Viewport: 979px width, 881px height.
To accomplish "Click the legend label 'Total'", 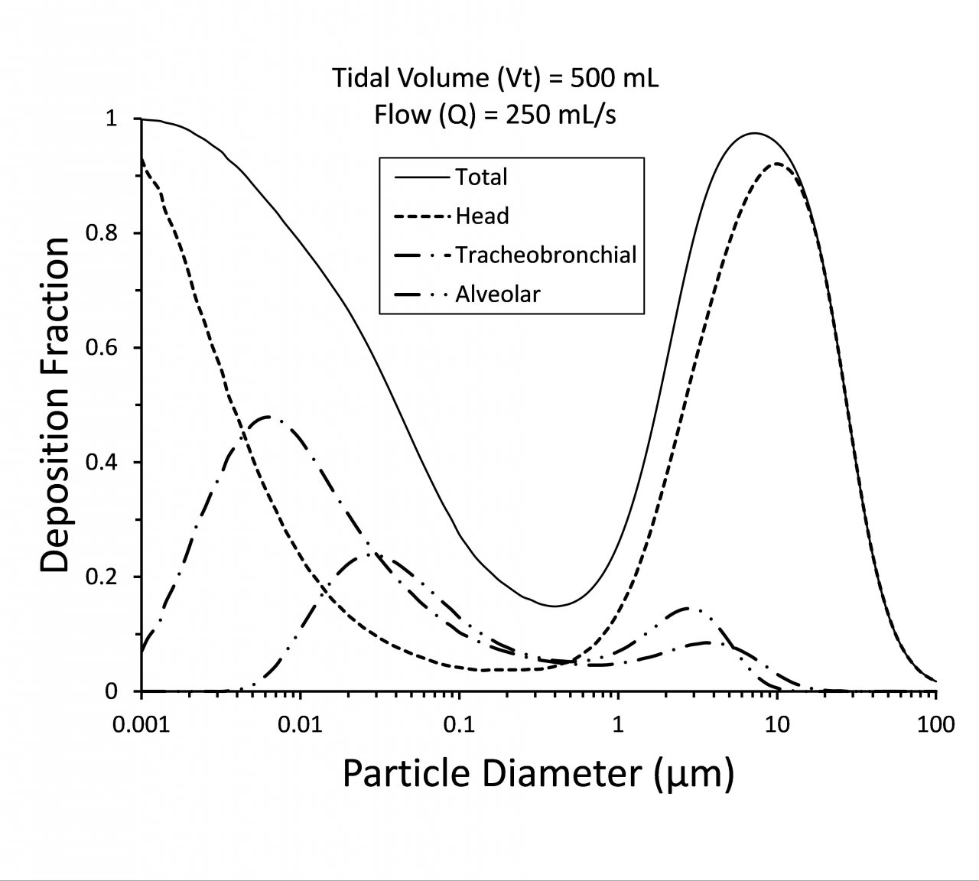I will click(x=481, y=177).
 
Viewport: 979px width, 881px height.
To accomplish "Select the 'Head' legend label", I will click(x=482, y=216).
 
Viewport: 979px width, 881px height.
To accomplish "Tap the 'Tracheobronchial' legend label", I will click(x=545, y=255).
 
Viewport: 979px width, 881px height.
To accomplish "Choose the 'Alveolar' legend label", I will click(x=498, y=294).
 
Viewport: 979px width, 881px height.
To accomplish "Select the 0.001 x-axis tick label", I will click(x=141, y=723).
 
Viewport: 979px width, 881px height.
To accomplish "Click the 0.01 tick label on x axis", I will click(x=301, y=723).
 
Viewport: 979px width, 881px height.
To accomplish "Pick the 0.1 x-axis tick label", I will click(x=459, y=723).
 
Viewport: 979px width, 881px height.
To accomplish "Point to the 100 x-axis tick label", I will click(x=935, y=723).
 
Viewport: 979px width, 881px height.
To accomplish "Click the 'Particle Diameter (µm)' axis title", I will click(x=538, y=774).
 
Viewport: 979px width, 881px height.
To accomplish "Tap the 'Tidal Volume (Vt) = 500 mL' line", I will click(x=495, y=78).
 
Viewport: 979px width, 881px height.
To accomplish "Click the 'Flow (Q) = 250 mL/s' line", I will click(x=495, y=115).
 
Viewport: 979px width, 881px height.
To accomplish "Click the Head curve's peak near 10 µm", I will click(x=776, y=164).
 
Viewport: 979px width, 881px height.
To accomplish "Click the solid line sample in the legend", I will click(x=422, y=177).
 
